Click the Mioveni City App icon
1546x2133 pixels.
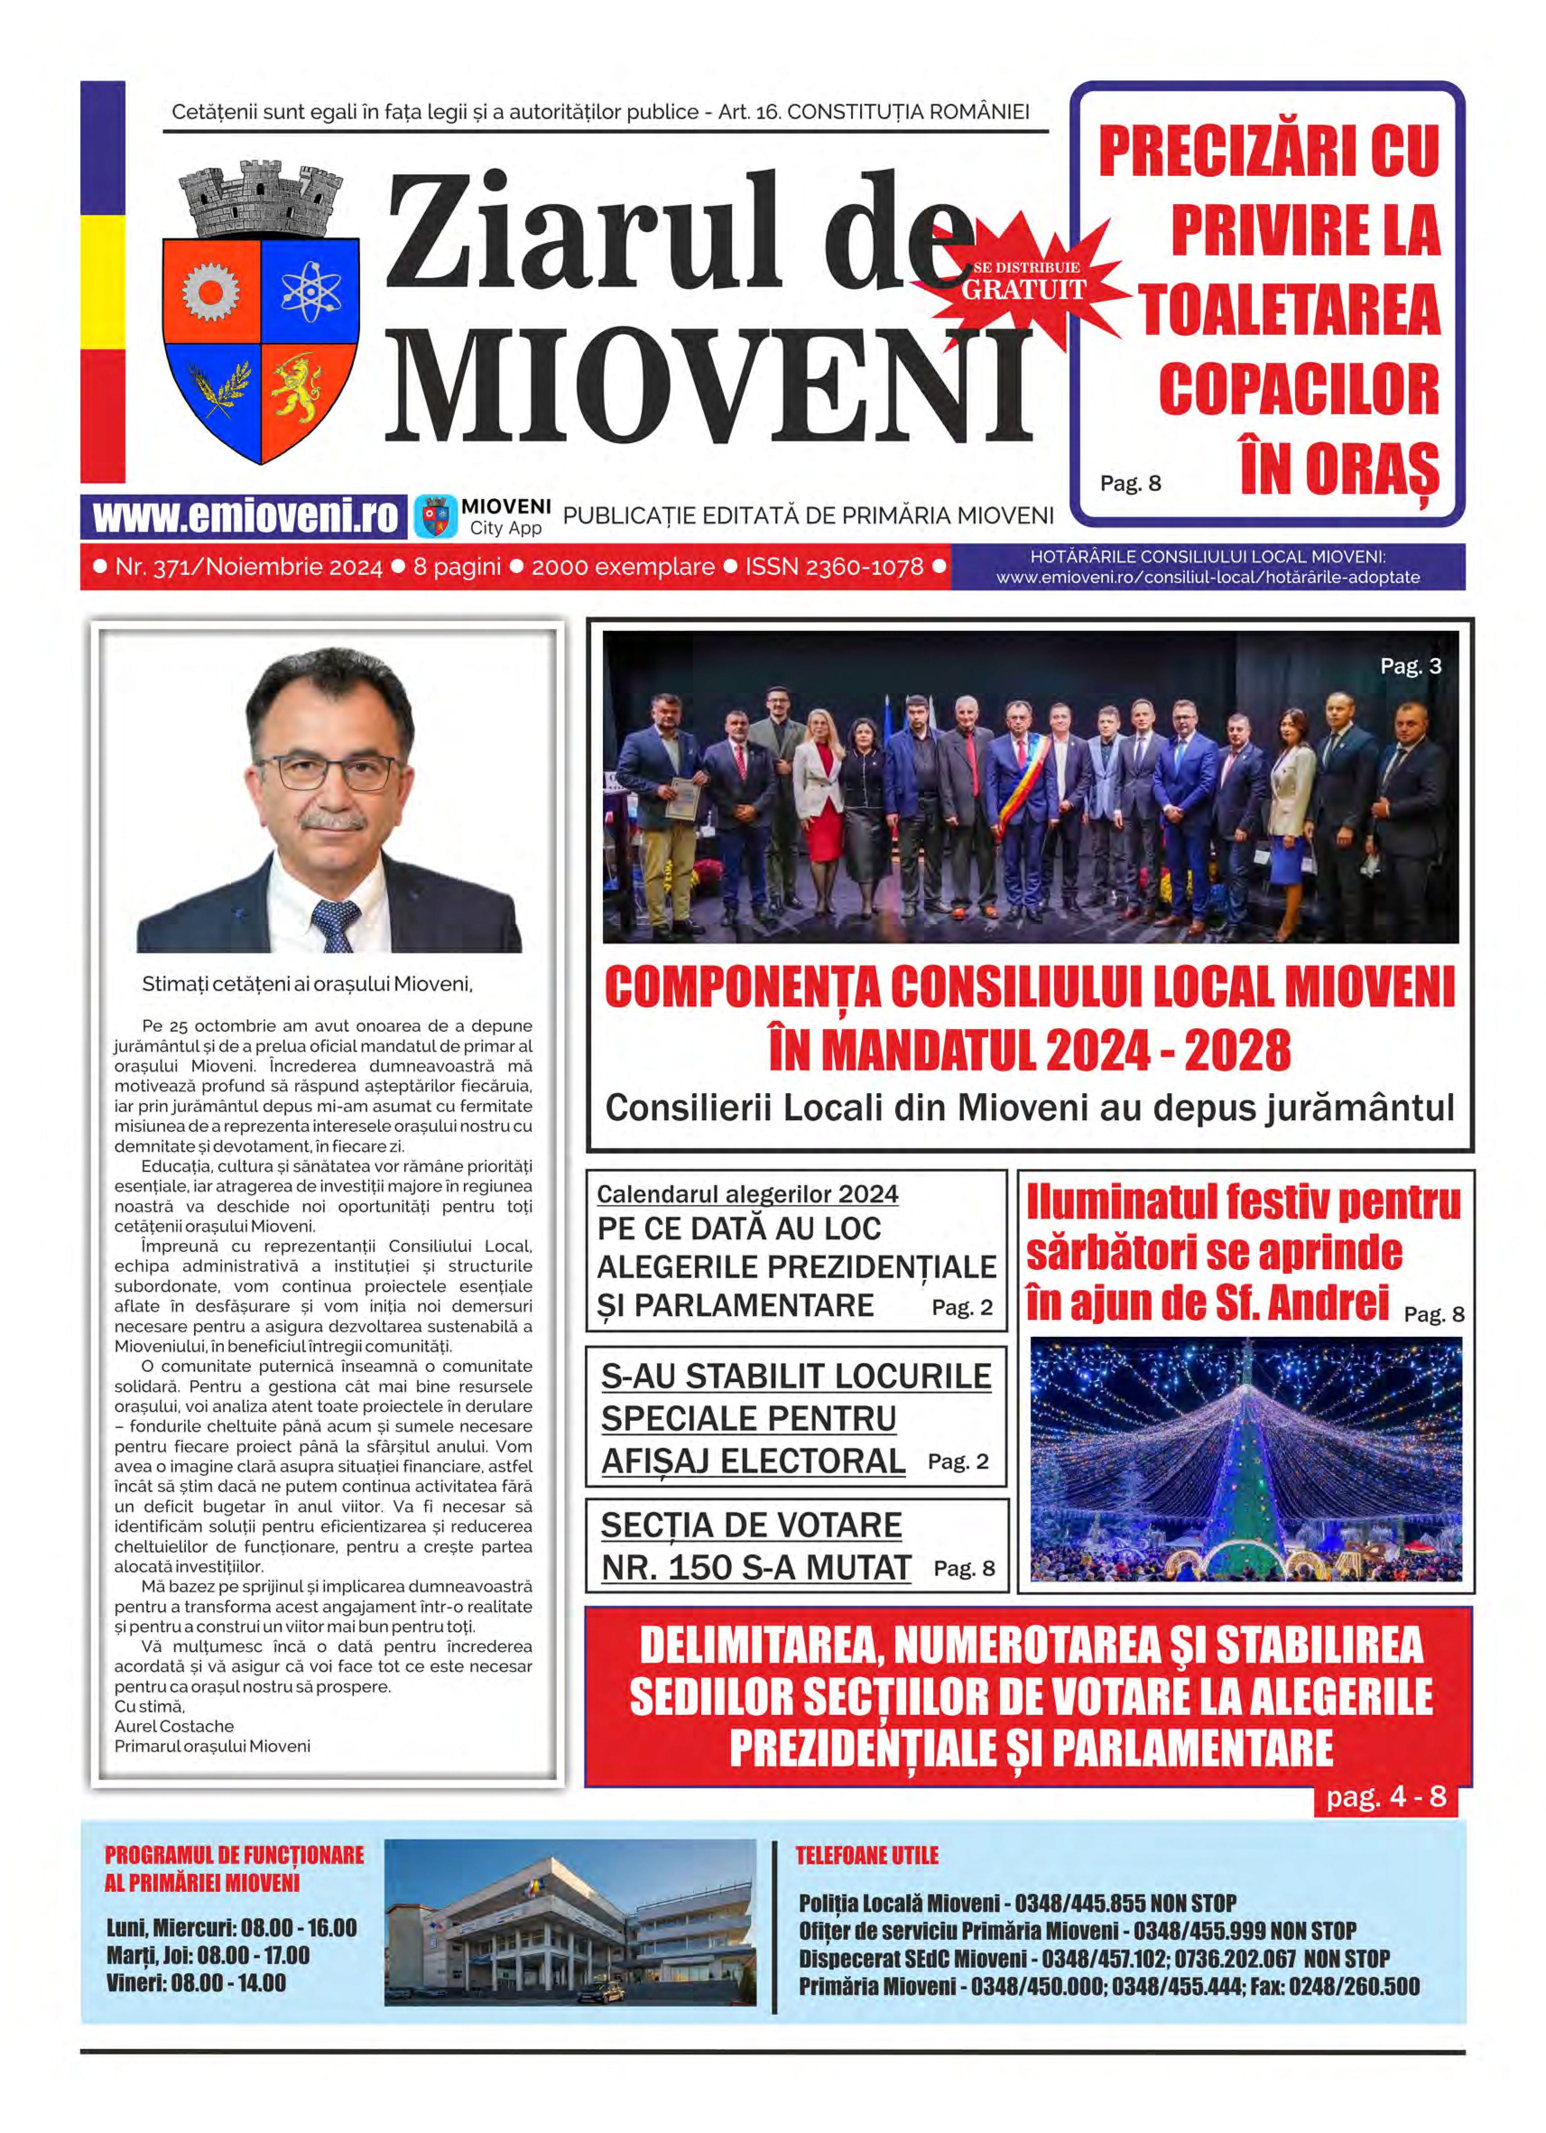[435, 516]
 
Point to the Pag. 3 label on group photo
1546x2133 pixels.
[1410, 666]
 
